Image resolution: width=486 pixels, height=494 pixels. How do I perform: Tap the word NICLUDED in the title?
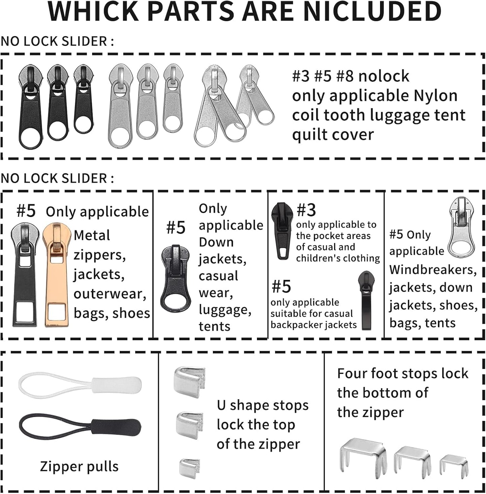[372, 11]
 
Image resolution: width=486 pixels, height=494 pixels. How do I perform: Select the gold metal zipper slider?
[55, 274]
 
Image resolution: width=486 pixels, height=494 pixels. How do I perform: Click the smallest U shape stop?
[190, 467]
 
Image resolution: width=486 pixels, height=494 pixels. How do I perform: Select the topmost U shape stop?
[189, 382]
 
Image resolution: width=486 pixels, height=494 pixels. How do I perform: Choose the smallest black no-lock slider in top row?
[83, 99]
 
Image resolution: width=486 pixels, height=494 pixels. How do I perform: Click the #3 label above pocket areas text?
[306, 210]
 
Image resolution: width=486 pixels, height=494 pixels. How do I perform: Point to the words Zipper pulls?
[79, 467]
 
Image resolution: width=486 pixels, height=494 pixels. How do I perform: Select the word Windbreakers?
[433, 270]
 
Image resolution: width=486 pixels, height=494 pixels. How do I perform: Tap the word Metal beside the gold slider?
[92, 235]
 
